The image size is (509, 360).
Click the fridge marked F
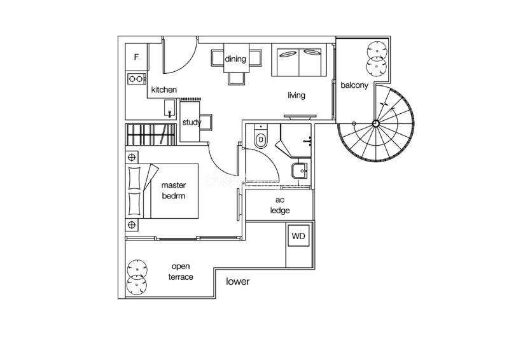pyautogui.click(x=137, y=57)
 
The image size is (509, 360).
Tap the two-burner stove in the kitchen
pyautogui.click(x=136, y=79)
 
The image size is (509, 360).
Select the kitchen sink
pyautogui.click(x=169, y=107)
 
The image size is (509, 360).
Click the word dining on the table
pyautogui.click(x=235, y=59)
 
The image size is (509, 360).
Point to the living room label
pyautogui.click(x=296, y=95)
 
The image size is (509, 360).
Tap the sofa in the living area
pyautogui.click(x=299, y=60)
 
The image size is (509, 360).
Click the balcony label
pyautogui.click(x=354, y=85)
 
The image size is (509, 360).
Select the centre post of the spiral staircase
pyautogui.click(x=375, y=123)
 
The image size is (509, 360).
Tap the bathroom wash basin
pyautogui.click(x=299, y=170)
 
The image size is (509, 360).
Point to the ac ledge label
pyautogui.click(x=280, y=205)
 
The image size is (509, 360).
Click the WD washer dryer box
pyautogui.click(x=298, y=236)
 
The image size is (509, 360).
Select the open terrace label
pyautogui.click(x=181, y=272)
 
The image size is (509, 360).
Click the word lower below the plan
pyautogui.click(x=237, y=281)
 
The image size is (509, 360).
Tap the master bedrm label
pyautogui.click(x=174, y=191)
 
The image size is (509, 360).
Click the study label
pyautogui.click(x=192, y=122)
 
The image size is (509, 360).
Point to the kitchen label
pyautogui.click(x=164, y=90)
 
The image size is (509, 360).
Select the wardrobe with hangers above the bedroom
pyautogui.click(x=151, y=134)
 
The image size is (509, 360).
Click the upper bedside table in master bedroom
pyautogui.click(x=132, y=158)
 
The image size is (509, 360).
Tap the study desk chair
pyautogui.click(x=206, y=122)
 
